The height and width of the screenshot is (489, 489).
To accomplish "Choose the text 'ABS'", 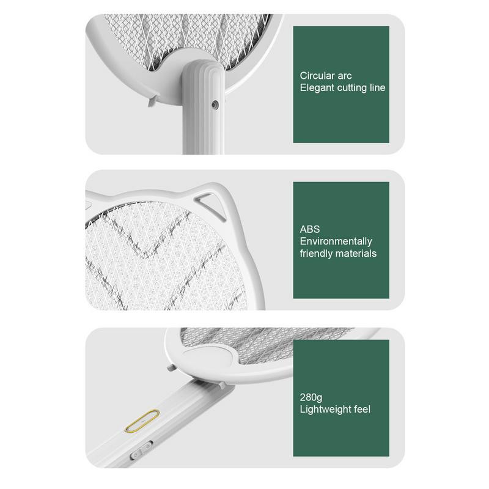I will click(x=309, y=229).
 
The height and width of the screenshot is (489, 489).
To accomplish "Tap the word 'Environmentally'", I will click(x=336, y=241).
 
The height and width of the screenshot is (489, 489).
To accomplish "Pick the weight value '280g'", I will click(x=311, y=397).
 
